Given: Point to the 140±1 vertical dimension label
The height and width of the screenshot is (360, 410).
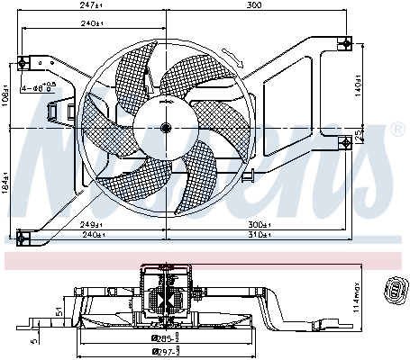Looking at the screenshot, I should coord(360,89).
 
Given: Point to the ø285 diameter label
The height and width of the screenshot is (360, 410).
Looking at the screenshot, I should coord(166,337).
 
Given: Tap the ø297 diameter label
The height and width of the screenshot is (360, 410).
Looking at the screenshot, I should coord(166,351).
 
